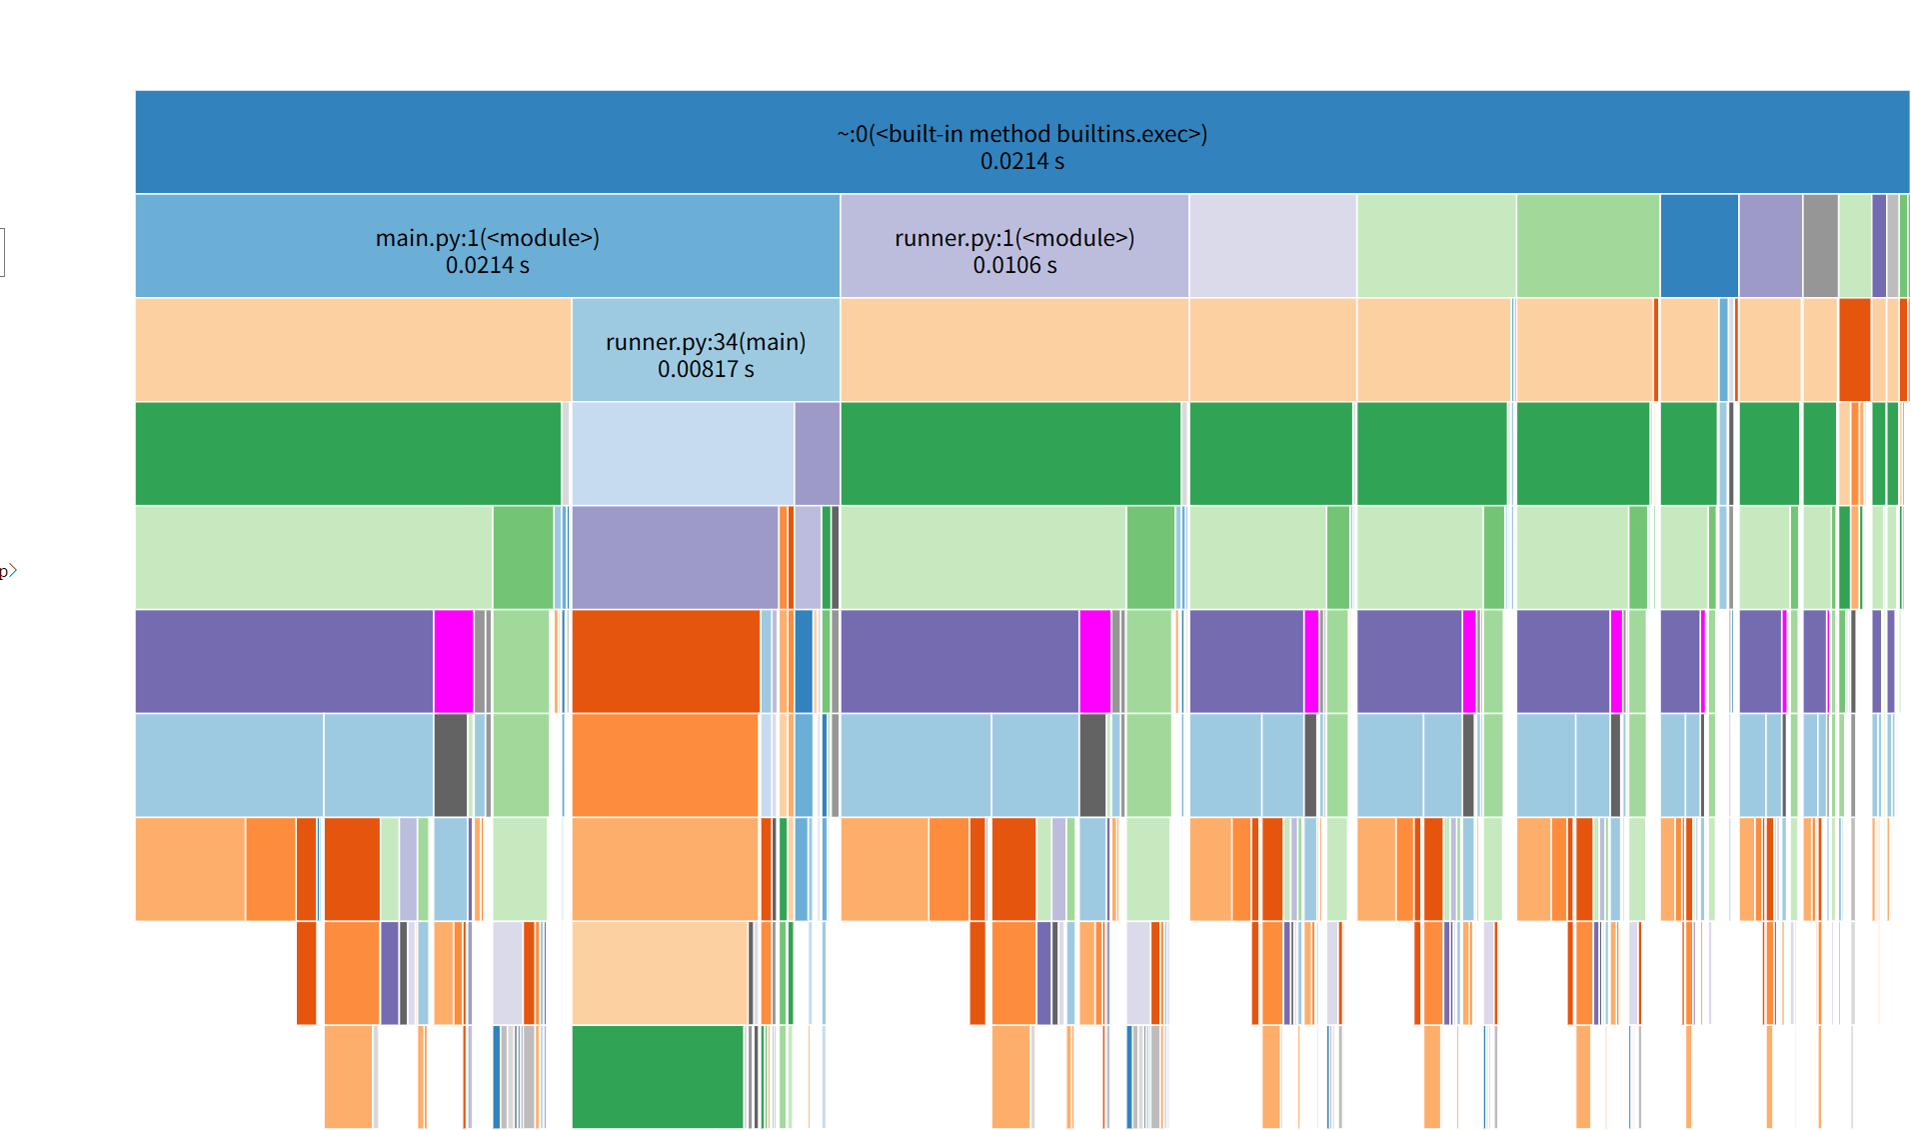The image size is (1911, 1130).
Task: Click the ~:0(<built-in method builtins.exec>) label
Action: pyautogui.click(x=1021, y=134)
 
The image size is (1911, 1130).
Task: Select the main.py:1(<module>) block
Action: pyautogui.click(x=487, y=246)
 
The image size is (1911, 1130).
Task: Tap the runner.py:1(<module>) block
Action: pyautogui.click(x=1013, y=246)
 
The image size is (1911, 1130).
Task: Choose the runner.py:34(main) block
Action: pyautogui.click(x=705, y=350)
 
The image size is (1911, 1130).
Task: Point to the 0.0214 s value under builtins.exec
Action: pyautogui.click(x=1021, y=162)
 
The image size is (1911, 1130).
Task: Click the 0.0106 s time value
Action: pyautogui.click(x=1014, y=266)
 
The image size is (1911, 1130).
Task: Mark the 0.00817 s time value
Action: pyautogui.click(x=706, y=370)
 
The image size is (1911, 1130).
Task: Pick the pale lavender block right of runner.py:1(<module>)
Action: pyautogui.click(x=1272, y=246)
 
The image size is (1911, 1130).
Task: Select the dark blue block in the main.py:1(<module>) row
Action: pyautogui.click(x=1698, y=246)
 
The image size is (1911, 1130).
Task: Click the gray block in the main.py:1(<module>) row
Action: pyautogui.click(x=1820, y=246)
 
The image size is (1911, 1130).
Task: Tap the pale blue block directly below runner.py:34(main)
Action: pyautogui.click(x=683, y=453)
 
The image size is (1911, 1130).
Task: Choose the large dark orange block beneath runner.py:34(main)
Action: pyautogui.click(x=666, y=661)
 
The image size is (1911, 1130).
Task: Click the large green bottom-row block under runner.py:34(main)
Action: pyautogui.click(x=658, y=1076)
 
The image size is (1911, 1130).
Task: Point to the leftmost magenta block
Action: pyautogui.click(x=454, y=661)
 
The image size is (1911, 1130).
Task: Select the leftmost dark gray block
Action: pyautogui.click(x=451, y=765)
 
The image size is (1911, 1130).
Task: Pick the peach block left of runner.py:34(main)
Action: pyautogui.click(x=353, y=350)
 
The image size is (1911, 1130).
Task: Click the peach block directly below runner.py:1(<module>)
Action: pyautogui.click(x=1013, y=350)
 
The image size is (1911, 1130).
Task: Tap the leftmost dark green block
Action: pyautogui.click(x=348, y=453)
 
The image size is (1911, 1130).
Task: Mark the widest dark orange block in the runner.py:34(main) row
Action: pyautogui.click(x=1854, y=350)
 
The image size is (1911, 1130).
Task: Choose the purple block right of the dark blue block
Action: pyautogui.click(x=1770, y=246)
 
